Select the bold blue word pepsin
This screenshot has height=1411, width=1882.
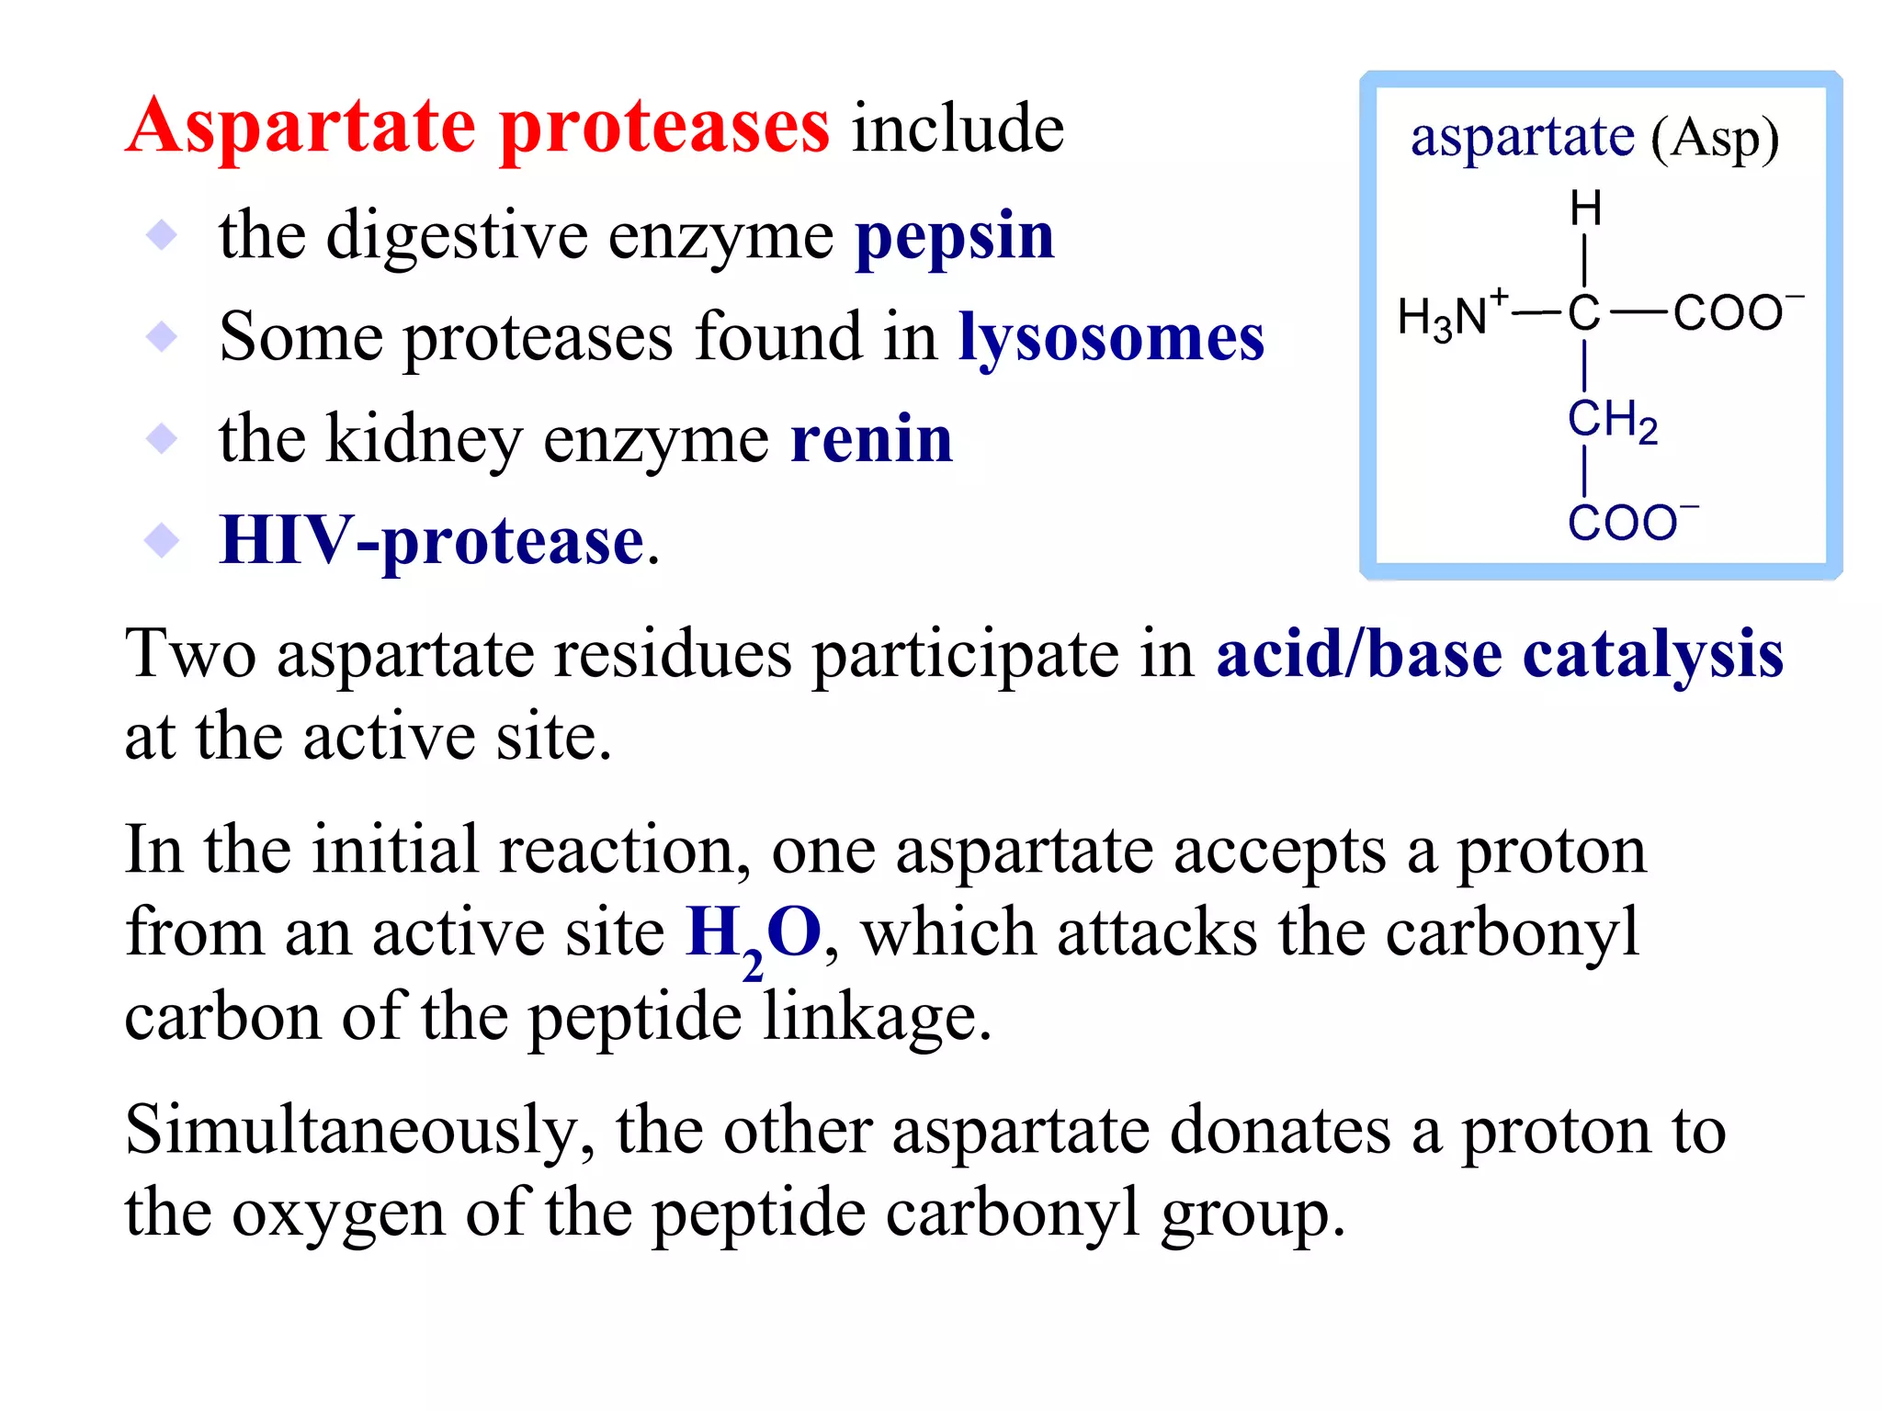click(x=955, y=238)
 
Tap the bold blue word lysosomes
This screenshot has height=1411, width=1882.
click(x=1111, y=338)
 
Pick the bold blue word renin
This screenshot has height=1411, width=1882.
click(x=871, y=439)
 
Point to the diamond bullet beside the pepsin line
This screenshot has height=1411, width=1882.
click(x=162, y=235)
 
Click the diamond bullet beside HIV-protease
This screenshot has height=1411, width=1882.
click(x=162, y=540)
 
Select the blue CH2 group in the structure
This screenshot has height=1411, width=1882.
click(x=1612, y=422)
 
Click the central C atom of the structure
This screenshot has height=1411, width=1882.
click(x=1584, y=313)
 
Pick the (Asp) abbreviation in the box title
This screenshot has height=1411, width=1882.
click(x=1715, y=140)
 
